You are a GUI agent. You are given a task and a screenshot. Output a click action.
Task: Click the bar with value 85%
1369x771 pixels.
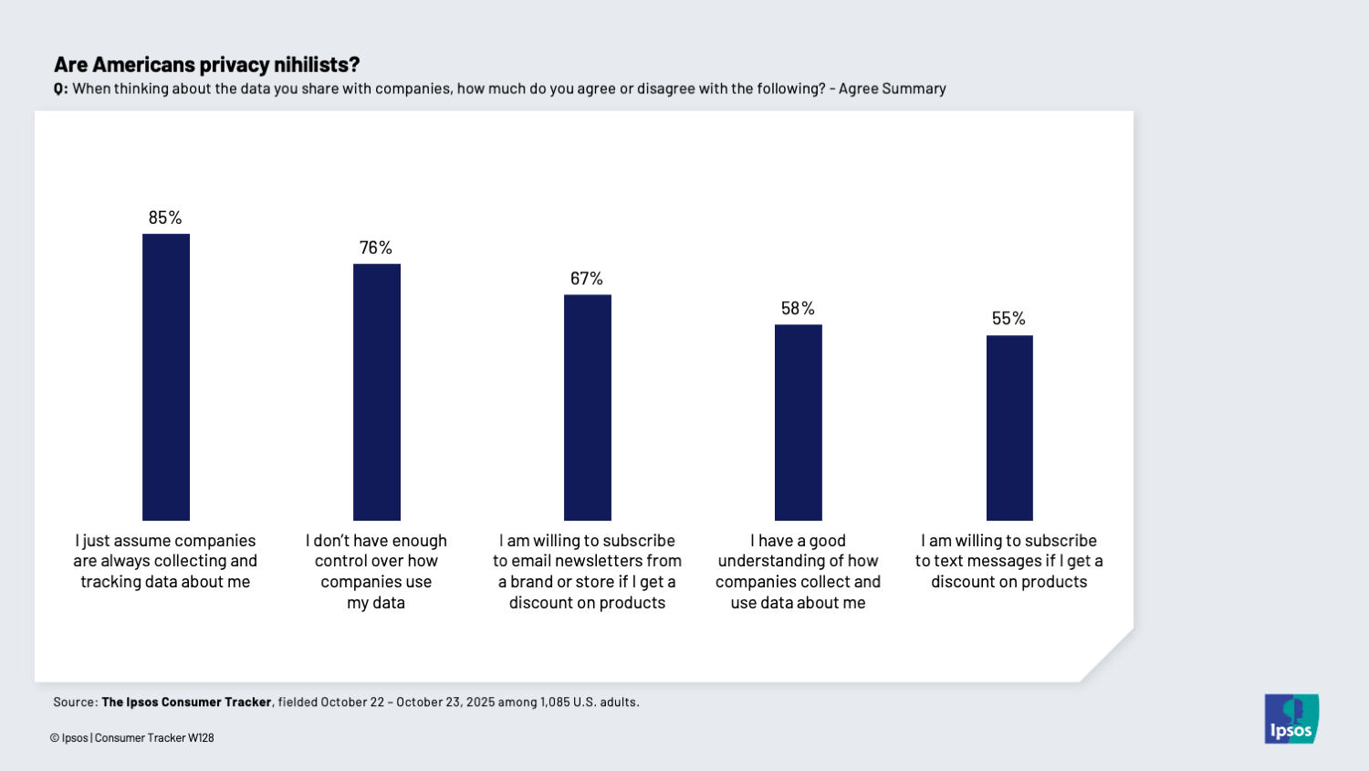click(x=165, y=377)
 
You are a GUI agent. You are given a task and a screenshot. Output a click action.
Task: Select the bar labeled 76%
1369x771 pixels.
click(x=376, y=392)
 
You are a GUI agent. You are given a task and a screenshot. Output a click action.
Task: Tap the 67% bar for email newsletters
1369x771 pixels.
click(x=587, y=407)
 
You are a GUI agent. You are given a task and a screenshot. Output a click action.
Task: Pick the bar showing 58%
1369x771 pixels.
click(x=798, y=422)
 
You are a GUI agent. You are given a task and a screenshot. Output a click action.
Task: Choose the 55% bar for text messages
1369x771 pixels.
click(x=1008, y=428)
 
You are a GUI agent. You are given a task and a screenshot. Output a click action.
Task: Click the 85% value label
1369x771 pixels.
click(x=165, y=217)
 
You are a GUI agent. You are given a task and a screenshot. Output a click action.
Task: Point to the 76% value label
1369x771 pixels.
click(x=376, y=248)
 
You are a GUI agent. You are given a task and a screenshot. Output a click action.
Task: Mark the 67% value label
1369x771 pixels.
click(x=587, y=279)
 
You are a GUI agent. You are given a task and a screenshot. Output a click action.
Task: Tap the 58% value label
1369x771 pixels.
click(x=798, y=309)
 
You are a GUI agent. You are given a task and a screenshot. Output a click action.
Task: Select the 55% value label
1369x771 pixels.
click(x=1008, y=319)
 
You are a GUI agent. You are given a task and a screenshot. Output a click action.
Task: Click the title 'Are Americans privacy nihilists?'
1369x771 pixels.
click(x=206, y=65)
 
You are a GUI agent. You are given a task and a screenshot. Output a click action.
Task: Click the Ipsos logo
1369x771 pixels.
click(x=1291, y=719)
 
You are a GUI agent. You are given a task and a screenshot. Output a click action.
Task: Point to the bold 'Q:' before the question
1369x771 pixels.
click(x=60, y=90)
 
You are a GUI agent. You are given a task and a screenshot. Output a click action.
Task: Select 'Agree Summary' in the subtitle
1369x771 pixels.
click(x=892, y=89)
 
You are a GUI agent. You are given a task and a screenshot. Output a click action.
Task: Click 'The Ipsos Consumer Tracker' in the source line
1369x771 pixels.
click(x=186, y=702)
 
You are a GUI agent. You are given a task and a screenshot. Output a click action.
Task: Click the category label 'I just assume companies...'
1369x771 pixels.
click(x=165, y=561)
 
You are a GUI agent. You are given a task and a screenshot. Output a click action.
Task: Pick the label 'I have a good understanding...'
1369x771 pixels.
click(x=798, y=571)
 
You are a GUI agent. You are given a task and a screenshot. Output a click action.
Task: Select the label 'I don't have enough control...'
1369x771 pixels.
click(x=376, y=571)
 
